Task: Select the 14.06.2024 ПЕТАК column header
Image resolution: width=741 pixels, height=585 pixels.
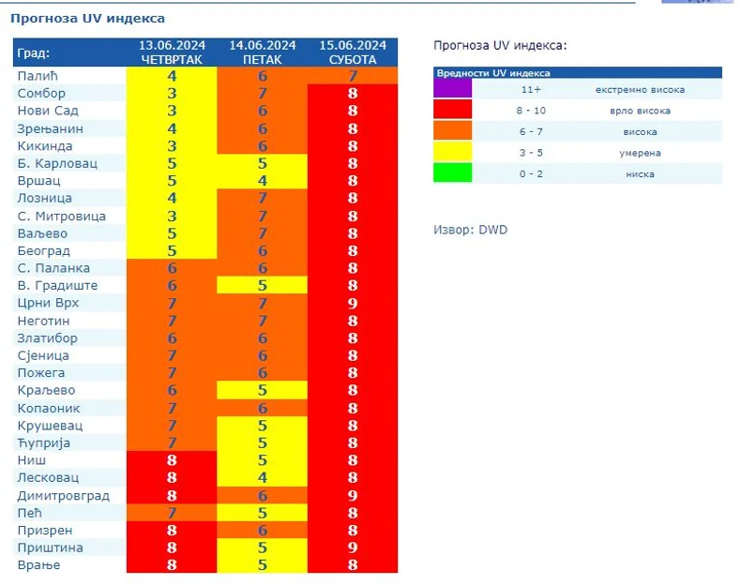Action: (x=262, y=52)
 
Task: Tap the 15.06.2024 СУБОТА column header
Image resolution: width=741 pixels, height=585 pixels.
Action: (x=353, y=52)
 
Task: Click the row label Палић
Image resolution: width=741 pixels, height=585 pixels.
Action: (x=38, y=76)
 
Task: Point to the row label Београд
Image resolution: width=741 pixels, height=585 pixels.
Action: (x=45, y=251)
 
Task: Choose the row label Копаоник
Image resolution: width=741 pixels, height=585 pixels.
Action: (x=49, y=408)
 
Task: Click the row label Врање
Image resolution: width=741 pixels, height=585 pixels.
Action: (x=38, y=565)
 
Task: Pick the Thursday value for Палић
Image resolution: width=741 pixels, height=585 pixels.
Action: (x=172, y=76)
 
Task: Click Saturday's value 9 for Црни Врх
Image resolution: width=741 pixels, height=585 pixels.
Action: (x=353, y=303)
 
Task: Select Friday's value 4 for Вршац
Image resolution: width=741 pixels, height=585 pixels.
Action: (x=263, y=181)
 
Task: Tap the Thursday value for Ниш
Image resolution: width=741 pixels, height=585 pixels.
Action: (x=172, y=460)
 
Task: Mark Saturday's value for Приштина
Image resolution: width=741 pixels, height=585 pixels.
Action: (x=353, y=547)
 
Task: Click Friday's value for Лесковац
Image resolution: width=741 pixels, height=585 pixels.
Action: (x=263, y=478)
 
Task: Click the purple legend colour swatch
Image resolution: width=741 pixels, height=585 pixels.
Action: (x=453, y=90)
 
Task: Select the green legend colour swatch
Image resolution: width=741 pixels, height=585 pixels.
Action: (x=453, y=173)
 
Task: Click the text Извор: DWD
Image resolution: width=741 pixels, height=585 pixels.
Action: (x=470, y=230)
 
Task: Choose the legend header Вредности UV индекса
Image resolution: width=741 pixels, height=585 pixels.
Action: (x=493, y=72)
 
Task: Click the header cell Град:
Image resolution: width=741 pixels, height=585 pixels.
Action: (x=34, y=52)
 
